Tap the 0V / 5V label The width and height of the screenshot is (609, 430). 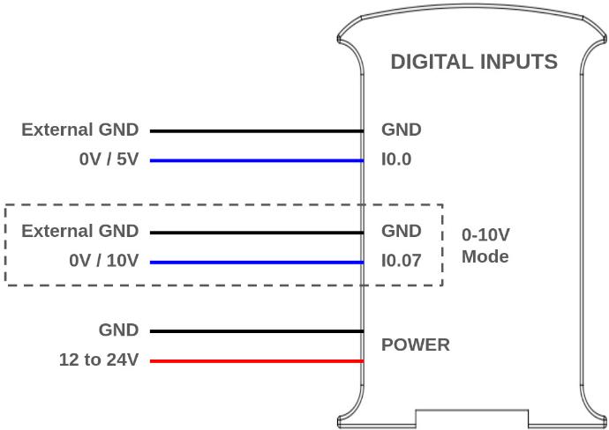click(109, 160)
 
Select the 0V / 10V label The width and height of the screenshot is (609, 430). click(104, 262)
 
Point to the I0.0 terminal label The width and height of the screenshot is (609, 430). click(396, 160)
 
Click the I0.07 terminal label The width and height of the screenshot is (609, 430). click(401, 262)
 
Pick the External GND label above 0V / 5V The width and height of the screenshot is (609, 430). click(79, 130)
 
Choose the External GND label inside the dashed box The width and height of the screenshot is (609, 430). click(79, 231)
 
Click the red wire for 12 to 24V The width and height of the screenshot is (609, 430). click(256, 361)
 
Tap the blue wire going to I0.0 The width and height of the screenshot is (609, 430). click(256, 160)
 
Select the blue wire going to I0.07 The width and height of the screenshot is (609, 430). click(256, 263)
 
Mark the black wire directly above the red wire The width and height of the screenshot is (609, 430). click(256, 331)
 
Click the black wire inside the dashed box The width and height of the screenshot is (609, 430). click(256, 233)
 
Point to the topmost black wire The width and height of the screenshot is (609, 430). click(256, 130)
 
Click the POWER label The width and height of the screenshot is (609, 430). click(415, 345)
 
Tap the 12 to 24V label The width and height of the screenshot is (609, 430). click(99, 360)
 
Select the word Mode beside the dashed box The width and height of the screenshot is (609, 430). click(485, 257)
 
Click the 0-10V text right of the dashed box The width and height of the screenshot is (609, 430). click(486, 235)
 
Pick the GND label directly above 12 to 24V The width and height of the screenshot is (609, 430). click(118, 330)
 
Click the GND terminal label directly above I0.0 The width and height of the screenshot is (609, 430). click(401, 130)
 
